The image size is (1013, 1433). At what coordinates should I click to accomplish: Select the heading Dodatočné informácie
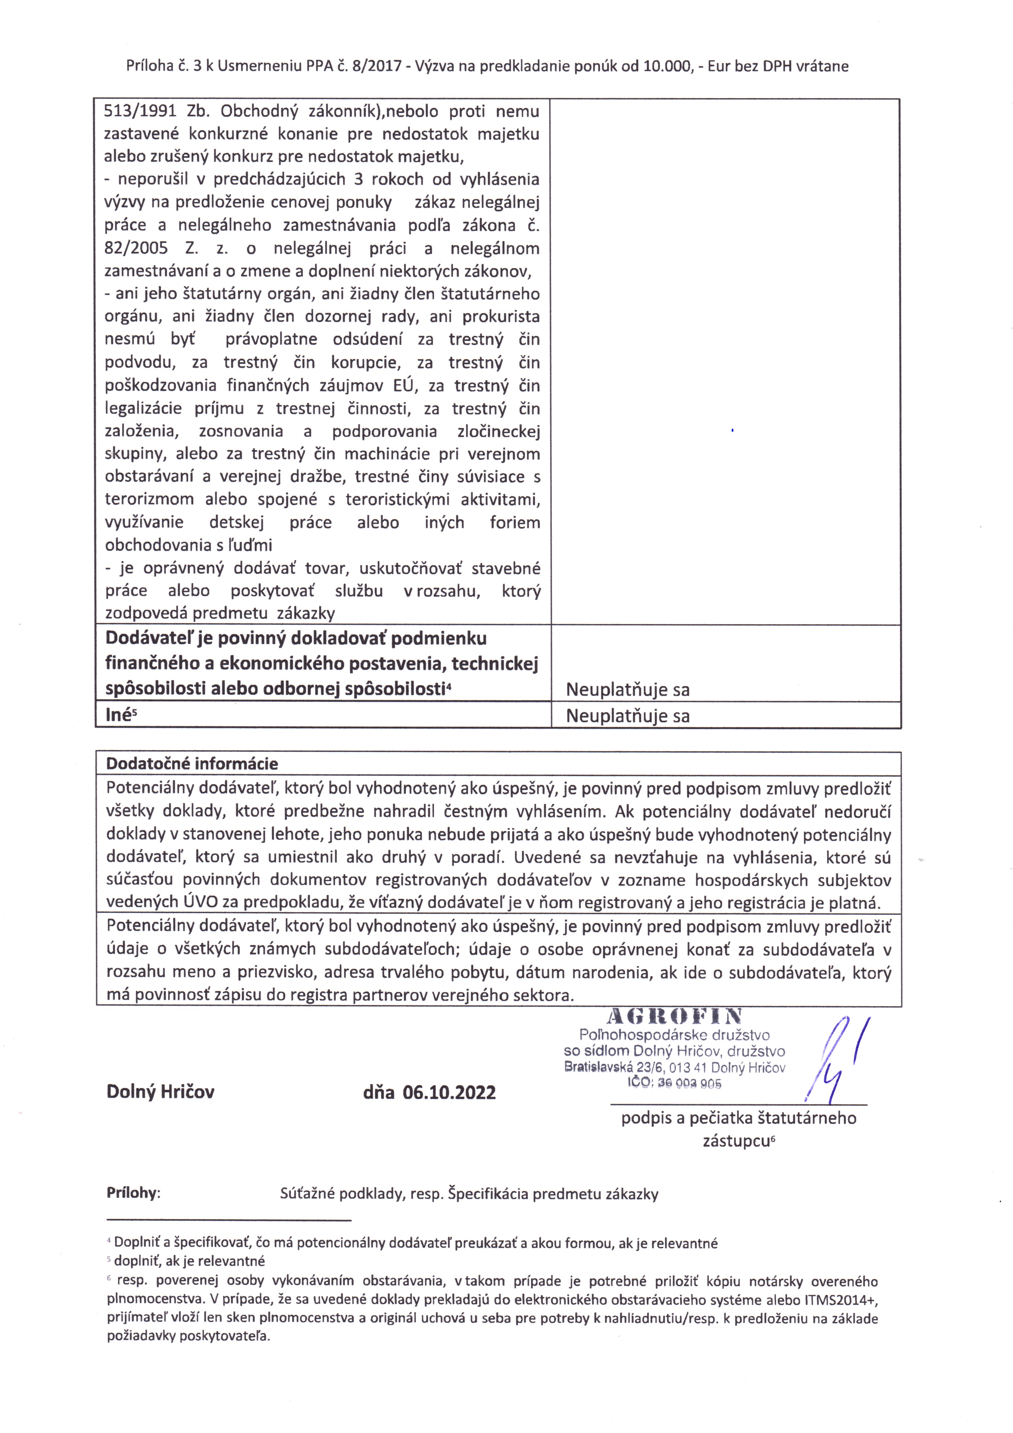pyautogui.click(x=192, y=763)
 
